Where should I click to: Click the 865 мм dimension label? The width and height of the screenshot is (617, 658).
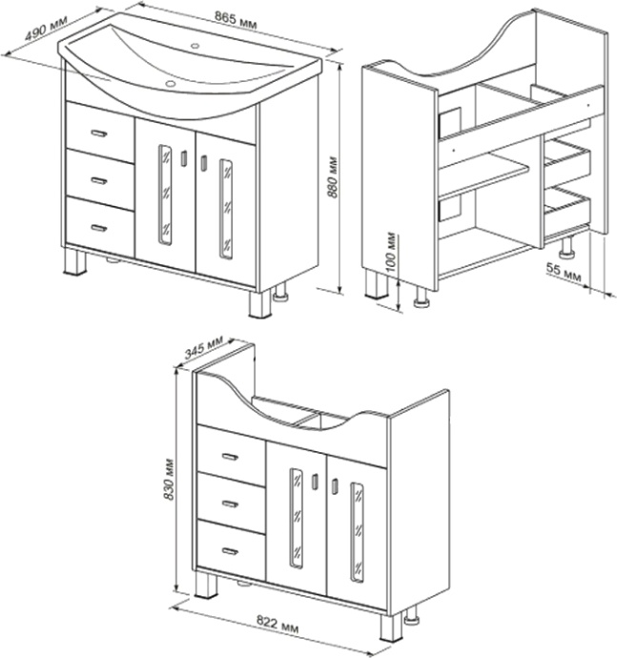coord(235,20)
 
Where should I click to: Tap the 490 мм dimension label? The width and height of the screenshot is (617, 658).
coord(46,29)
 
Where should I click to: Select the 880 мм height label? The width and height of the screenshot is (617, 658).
coord(333,177)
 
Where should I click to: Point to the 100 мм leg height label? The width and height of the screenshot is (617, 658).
coord(391,252)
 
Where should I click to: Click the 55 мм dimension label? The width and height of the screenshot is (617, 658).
coord(564,273)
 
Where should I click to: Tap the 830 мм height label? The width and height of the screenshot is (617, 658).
coord(169,479)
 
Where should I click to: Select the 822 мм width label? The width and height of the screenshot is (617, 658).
coord(278,624)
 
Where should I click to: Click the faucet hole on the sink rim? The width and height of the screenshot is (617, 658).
coord(195,46)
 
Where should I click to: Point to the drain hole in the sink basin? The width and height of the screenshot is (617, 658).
coord(171,83)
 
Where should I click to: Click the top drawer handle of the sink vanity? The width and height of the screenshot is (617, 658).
coord(99,134)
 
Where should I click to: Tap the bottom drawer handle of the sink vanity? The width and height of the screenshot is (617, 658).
coord(99,228)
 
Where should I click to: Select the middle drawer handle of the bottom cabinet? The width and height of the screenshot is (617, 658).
coord(230,504)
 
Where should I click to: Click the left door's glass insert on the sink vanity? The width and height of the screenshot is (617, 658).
coord(165,195)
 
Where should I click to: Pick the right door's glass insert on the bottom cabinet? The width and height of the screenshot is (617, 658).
coord(358,532)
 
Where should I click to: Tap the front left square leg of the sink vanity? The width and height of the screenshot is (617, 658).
coord(75,262)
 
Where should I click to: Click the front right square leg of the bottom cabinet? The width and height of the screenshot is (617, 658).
coord(391,627)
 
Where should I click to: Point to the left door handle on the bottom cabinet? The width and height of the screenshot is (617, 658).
coord(315,482)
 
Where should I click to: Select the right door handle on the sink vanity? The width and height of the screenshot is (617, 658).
coord(203,163)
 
